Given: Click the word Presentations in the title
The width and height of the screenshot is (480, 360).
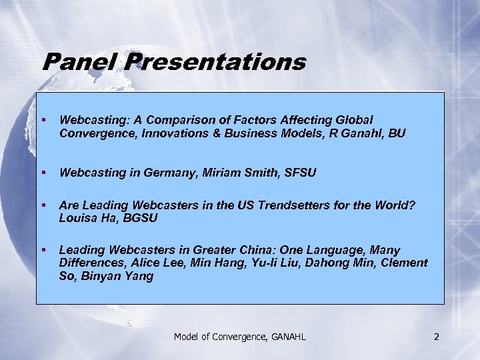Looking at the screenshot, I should pyautogui.click(x=215, y=63).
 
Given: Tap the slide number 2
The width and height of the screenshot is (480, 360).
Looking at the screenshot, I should pyautogui.click(x=436, y=337).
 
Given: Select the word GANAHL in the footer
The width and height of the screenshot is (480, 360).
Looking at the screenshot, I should pyautogui.click(x=287, y=337).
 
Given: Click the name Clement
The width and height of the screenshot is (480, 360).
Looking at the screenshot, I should pyautogui.click(x=401, y=263).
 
